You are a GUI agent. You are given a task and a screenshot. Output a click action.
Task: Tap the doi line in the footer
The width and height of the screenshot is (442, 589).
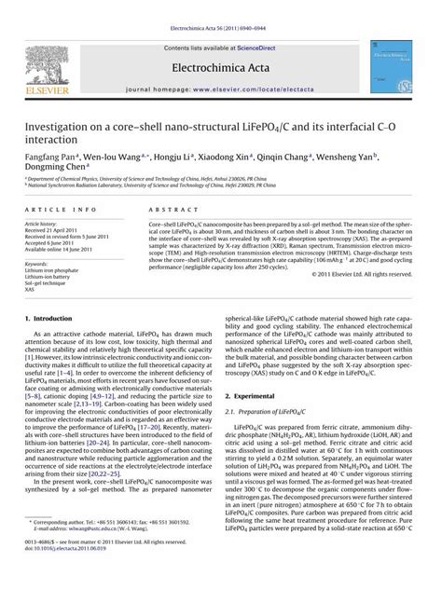pos(70,572)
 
